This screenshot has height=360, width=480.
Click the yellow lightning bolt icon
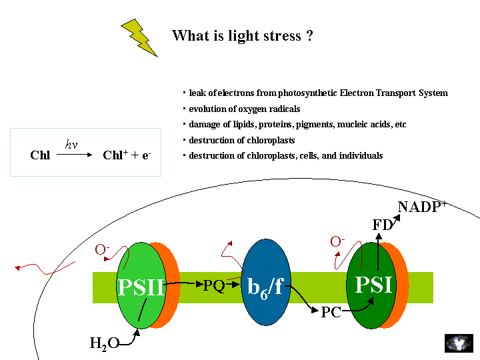pos(139,37)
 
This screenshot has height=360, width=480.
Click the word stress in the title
pos(282,36)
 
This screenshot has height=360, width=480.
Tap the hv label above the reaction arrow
pos(71,144)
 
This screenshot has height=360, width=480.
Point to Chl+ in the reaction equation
pos(115,155)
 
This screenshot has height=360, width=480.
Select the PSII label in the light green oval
pos(141,287)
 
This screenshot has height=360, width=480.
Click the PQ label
pos(214,286)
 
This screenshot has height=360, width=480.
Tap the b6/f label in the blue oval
pos(266,287)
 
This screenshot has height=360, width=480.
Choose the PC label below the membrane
pos(331,312)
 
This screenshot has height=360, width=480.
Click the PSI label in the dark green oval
pos(373,285)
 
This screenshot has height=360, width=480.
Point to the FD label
pos(383,225)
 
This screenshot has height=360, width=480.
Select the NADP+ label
pos(422,207)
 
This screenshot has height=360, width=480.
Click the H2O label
pos(105,343)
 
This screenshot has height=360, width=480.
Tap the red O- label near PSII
pos(102,249)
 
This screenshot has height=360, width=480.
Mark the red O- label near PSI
pos(337,241)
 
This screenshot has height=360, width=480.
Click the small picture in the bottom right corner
pos(459,343)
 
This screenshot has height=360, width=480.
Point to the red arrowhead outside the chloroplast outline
pos(17,268)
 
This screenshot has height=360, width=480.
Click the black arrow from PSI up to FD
pos(379,251)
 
